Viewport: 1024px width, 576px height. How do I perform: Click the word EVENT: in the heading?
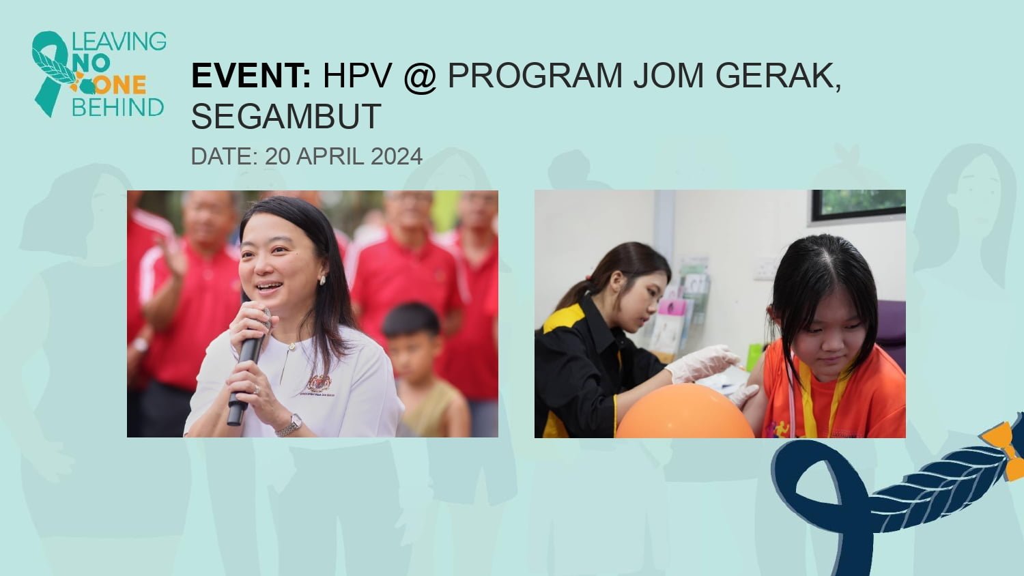tap(251, 76)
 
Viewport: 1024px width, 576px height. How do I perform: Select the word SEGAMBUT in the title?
tap(286, 116)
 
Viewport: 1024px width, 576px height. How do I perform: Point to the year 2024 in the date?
tap(397, 156)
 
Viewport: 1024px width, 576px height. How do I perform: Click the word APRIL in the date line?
tap(331, 156)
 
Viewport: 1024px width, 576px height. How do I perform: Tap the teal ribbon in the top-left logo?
tap(51, 73)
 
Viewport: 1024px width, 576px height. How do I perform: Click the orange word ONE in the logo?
tap(119, 85)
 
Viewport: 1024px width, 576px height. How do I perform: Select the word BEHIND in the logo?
tap(118, 107)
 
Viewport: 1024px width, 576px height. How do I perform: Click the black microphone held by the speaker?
tap(248, 366)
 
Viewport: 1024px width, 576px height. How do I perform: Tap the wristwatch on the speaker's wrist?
tap(290, 426)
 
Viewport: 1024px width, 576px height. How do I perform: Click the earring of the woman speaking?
tap(322, 280)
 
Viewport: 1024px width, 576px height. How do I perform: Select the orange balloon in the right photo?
tap(684, 411)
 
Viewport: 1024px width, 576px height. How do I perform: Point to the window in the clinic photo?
tap(859, 205)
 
